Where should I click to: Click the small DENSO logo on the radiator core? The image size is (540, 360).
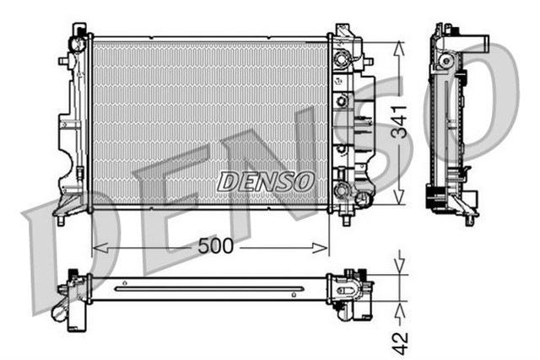click(x=266, y=180)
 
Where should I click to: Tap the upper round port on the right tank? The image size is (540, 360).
click(x=342, y=60)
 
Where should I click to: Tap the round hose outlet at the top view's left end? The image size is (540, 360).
click(x=62, y=312)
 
